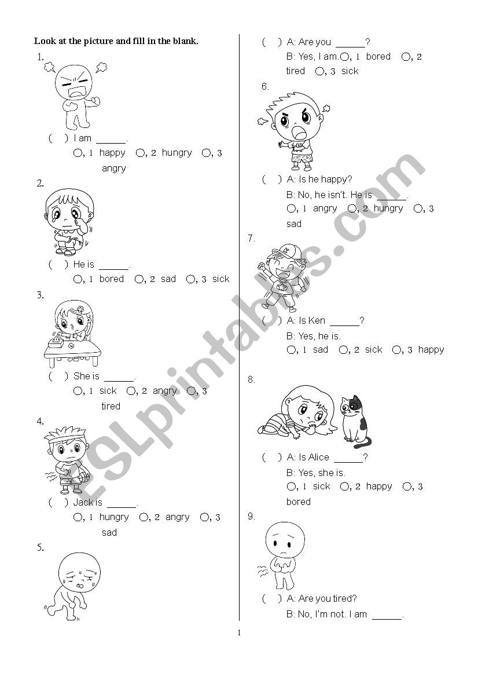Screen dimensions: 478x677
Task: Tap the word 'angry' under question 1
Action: tap(113, 169)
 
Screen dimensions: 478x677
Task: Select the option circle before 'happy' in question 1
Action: tap(78, 153)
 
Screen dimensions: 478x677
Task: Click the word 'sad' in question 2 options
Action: tap(168, 279)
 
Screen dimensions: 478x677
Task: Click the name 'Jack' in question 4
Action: tap(82, 502)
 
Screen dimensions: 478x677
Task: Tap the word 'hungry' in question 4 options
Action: tap(114, 517)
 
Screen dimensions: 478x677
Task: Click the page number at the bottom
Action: tap(239, 633)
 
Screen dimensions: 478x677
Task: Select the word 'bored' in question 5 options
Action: tap(378, 57)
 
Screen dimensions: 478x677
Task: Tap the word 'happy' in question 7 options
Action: tap(431, 350)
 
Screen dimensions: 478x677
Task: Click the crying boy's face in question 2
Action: tap(69, 210)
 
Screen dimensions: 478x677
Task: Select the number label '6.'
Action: tap(265, 87)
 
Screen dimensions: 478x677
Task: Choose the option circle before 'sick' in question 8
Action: tap(292, 487)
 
